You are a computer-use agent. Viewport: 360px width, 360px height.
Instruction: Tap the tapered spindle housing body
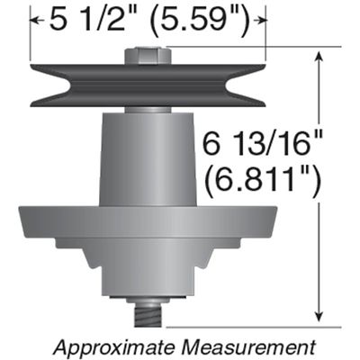coord(148,157)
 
